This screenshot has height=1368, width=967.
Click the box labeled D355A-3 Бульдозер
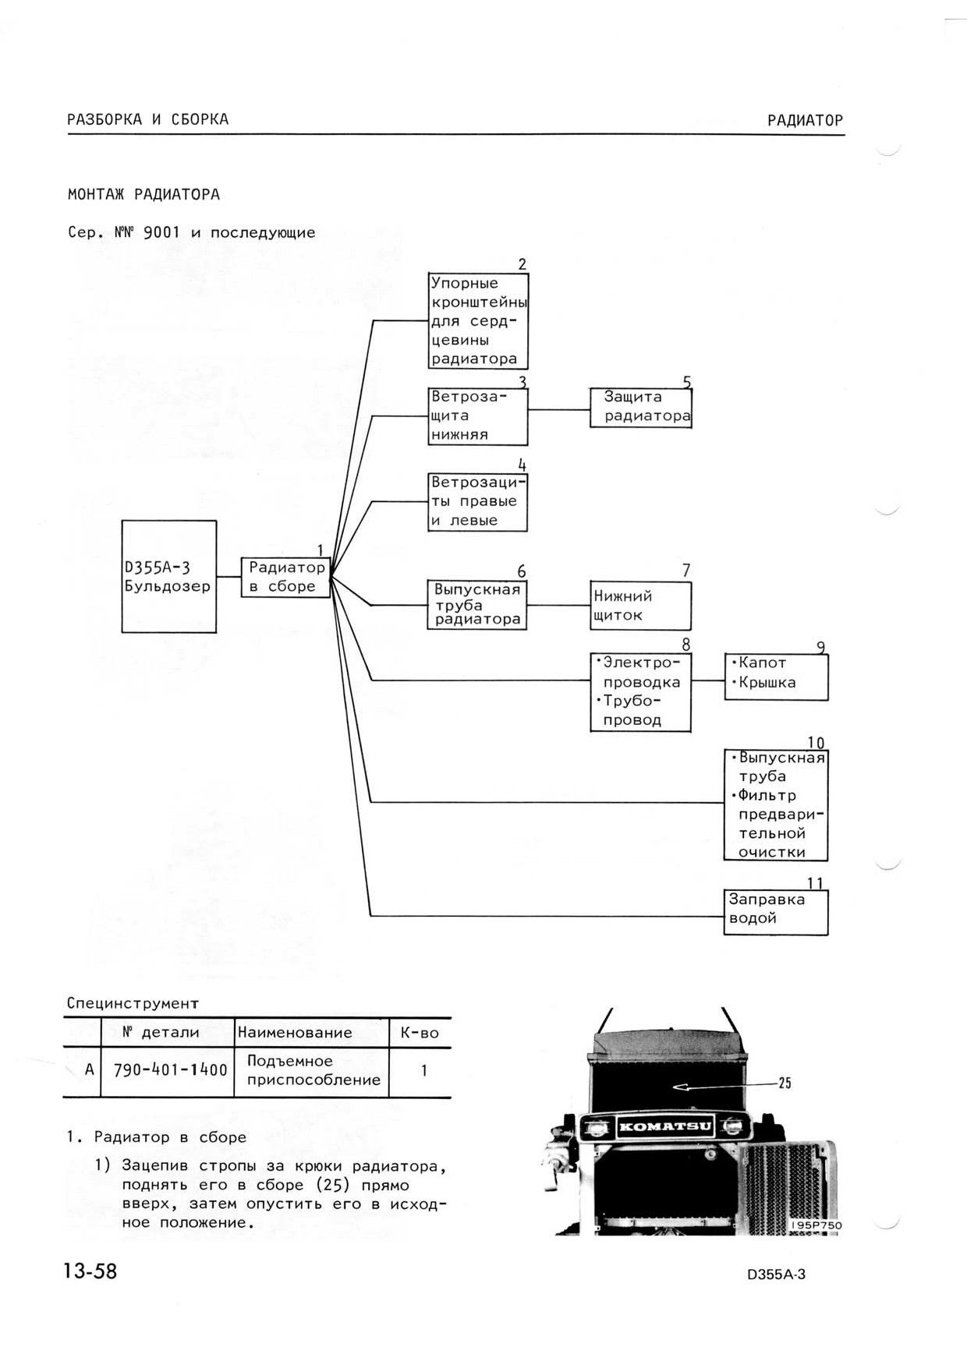(x=169, y=576)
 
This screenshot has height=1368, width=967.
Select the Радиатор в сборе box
(x=286, y=578)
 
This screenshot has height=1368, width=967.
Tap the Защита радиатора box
(x=641, y=408)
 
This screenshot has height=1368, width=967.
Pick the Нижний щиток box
(x=641, y=606)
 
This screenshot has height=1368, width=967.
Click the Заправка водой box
(x=776, y=912)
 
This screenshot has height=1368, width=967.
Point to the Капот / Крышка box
(x=777, y=677)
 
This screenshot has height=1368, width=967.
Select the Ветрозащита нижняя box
(x=478, y=416)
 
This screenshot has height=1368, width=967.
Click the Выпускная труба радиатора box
(x=477, y=605)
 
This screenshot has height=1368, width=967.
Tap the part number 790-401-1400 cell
(x=170, y=1070)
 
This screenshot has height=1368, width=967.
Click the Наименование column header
(x=295, y=1033)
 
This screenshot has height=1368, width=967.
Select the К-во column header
(x=420, y=1034)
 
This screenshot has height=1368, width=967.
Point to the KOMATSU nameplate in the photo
(x=665, y=1126)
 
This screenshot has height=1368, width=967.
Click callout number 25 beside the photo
(x=785, y=1083)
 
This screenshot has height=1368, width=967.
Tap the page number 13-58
(x=90, y=1271)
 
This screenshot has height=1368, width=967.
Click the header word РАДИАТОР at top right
(x=805, y=120)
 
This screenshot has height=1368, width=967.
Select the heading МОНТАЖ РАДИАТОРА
(x=143, y=194)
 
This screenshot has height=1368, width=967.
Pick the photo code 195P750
(x=816, y=1225)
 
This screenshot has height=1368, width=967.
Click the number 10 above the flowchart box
(x=816, y=743)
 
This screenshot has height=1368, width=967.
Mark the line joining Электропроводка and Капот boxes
(x=708, y=680)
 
